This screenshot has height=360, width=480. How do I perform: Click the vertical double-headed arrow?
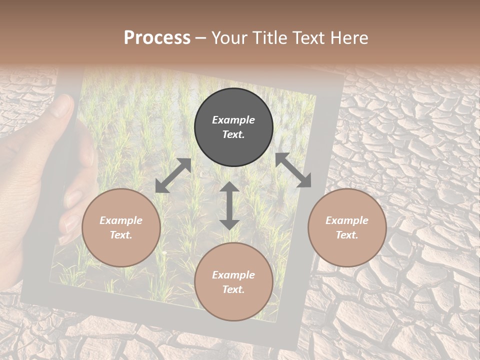(x=229, y=205)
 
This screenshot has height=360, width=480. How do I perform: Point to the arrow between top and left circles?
(x=173, y=175)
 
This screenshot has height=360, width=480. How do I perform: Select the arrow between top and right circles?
(x=293, y=170)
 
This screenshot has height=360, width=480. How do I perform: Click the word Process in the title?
(x=157, y=38)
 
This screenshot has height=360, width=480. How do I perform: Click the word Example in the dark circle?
(x=233, y=120)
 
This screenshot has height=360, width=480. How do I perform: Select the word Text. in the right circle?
(x=347, y=235)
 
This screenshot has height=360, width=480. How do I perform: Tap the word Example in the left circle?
(x=121, y=220)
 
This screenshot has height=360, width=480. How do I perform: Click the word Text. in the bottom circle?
(x=233, y=289)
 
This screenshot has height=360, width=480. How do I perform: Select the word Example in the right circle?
(x=347, y=220)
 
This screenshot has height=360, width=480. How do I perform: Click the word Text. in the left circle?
(x=121, y=235)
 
